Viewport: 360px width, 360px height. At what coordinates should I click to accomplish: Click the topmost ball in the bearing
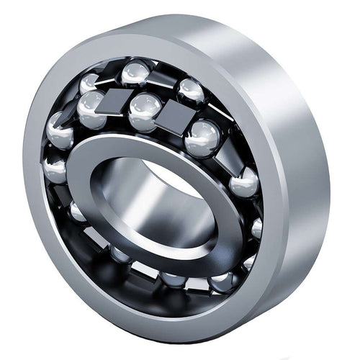coord(135,72)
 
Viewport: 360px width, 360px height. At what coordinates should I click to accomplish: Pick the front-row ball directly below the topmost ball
coord(145,109)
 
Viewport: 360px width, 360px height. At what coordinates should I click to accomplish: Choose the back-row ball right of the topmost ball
coord(190,89)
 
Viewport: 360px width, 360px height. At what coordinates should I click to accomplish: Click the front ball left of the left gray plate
coord(91,108)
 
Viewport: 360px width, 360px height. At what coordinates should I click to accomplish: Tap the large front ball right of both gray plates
coord(202,137)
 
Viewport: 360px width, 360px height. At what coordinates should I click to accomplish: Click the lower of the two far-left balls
coord(55,169)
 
